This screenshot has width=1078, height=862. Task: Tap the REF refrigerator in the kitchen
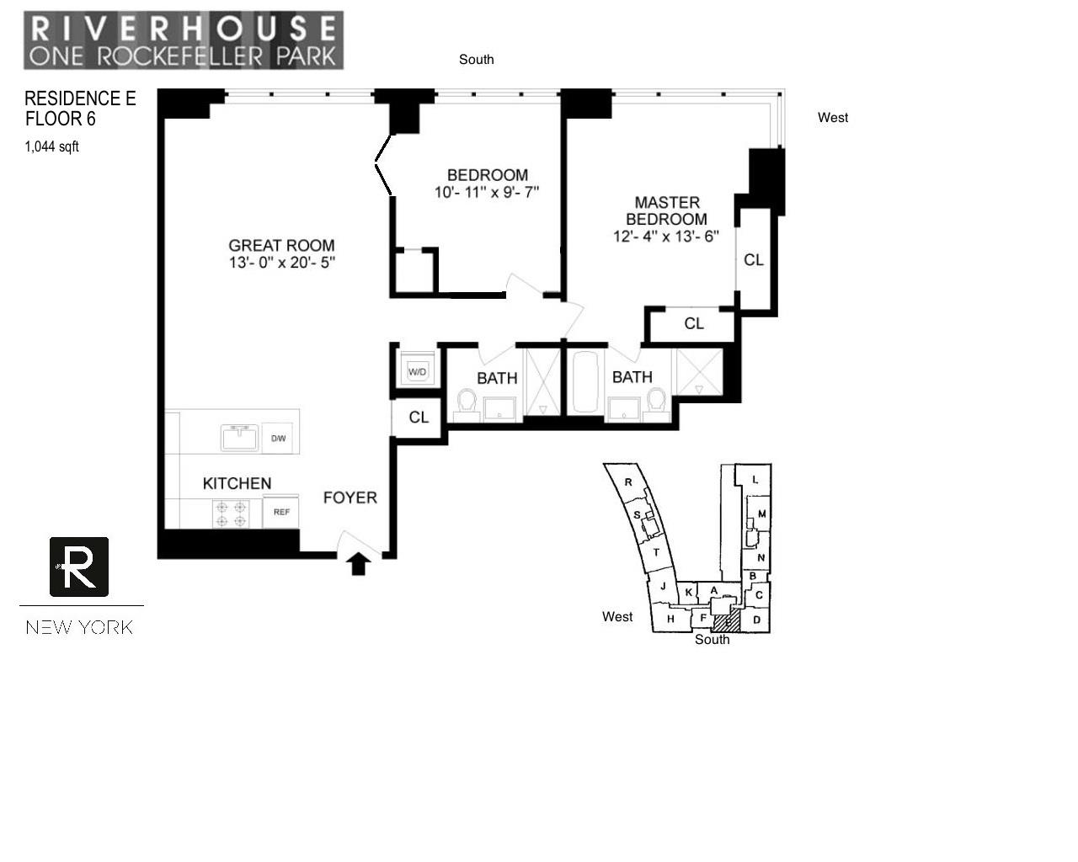pyautogui.click(x=281, y=512)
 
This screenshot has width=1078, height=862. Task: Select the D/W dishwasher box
pyautogui.click(x=278, y=439)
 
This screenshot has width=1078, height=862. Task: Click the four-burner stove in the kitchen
pyautogui.click(x=231, y=513)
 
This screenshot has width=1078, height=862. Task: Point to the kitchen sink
pyautogui.click(x=240, y=438)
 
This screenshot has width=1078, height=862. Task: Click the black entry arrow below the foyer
pyautogui.click(x=358, y=564)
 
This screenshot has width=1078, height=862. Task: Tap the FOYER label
pyautogui.click(x=350, y=498)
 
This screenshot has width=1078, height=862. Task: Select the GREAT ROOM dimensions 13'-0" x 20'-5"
pyautogui.click(x=282, y=263)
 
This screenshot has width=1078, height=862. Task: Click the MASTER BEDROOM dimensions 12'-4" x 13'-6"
pyautogui.click(x=666, y=236)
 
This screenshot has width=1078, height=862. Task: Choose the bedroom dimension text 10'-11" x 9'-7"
pyautogui.click(x=487, y=192)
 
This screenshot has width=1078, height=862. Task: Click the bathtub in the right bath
pyautogui.click(x=585, y=381)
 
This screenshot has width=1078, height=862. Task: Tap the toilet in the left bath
pyautogui.click(x=467, y=403)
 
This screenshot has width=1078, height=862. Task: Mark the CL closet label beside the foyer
pyautogui.click(x=419, y=418)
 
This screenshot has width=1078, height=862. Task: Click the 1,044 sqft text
pyautogui.click(x=52, y=146)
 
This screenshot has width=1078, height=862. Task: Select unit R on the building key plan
pyautogui.click(x=628, y=482)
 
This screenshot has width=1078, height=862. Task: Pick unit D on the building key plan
pyautogui.click(x=756, y=620)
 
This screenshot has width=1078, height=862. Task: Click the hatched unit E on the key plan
pyautogui.click(x=727, y=621)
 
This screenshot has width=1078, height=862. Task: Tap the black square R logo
pyautogui.click(x=79, y=567)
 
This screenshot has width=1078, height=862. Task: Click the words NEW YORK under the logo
pyautogui.click(x=80, y=627)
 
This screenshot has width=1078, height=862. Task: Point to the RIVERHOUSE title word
pyautogui.click(x=184, y=29)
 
